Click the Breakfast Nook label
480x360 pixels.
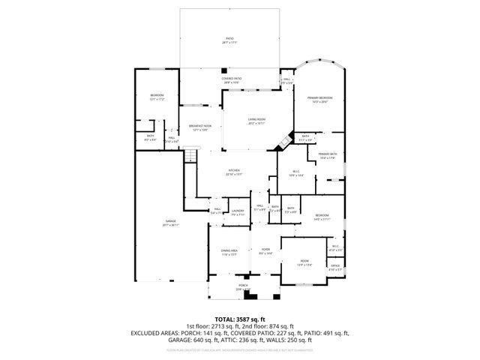click(199, 128)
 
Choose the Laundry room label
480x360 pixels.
click(238, 212)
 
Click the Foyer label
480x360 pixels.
click(265, 251)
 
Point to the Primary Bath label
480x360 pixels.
click(328, 155)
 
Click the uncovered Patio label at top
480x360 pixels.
click(229, 40)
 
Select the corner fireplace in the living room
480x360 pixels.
click(284, 140)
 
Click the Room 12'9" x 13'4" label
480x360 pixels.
click(304, 262)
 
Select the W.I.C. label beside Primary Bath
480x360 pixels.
click(298, 173)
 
